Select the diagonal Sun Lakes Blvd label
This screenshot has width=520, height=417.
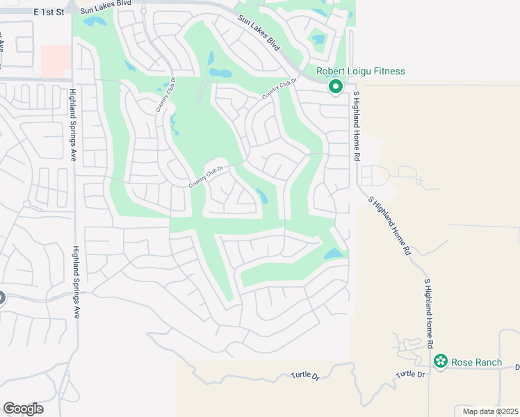click(259, 34)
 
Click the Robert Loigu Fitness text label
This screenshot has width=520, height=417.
click(360, 71)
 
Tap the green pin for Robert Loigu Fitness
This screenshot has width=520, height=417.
click(335, 87)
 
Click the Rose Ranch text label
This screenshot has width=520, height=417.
click(476, 361)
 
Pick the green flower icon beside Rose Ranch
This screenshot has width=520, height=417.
click(440, 361)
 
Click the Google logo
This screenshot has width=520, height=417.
click(23, 409)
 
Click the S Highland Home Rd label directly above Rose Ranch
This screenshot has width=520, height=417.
click(429, 313)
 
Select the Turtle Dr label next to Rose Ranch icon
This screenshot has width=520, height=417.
click(410, 375)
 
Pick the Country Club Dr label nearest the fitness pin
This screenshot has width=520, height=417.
click(279, 88)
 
